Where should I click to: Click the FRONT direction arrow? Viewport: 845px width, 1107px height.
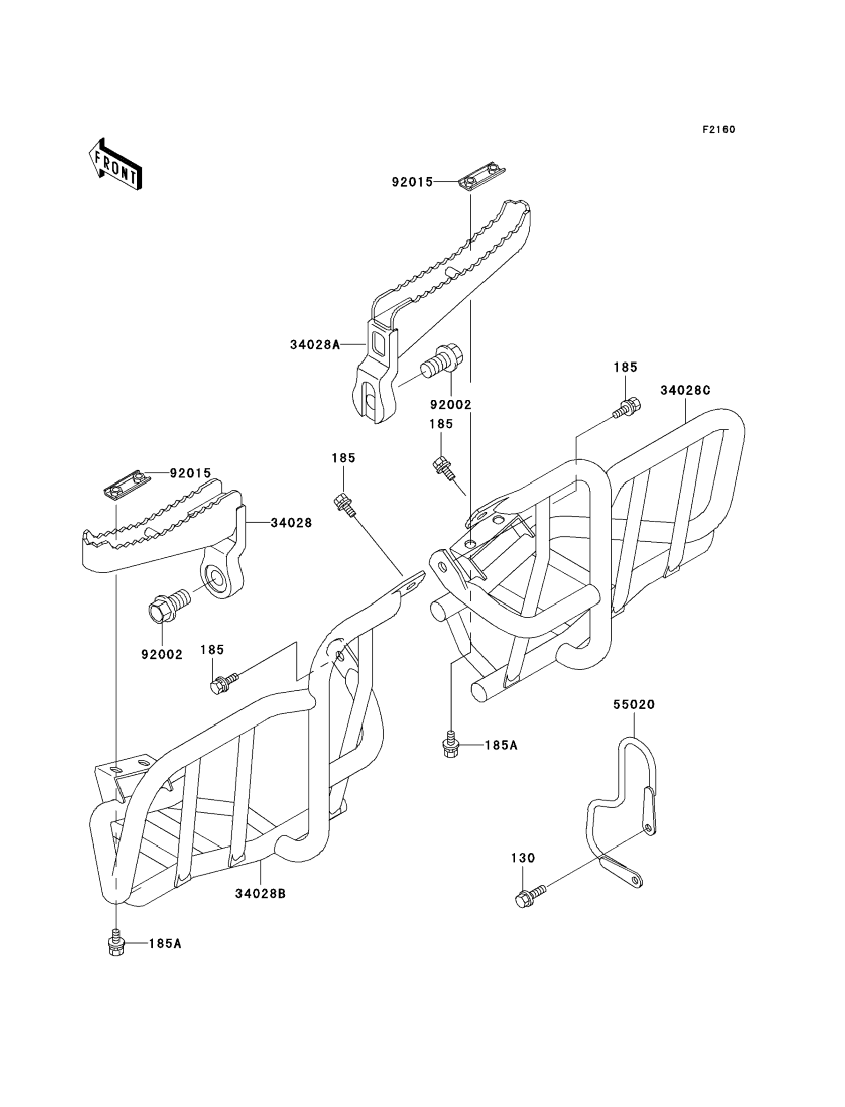click(x=115, y=164)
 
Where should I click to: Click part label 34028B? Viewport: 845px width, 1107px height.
click(x=260, y=894)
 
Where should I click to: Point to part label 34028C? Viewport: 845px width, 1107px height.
click(x=685, y=390)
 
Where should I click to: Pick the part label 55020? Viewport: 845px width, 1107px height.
click(x=634, y=705)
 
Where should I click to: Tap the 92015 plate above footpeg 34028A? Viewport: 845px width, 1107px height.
click(x=482, y=179)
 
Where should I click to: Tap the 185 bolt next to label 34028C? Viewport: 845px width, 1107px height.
click(x=627, y=406)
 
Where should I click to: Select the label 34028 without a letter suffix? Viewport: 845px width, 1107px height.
click(x=291, y=524)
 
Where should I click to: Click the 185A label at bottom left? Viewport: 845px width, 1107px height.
click(x=165, y=943)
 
